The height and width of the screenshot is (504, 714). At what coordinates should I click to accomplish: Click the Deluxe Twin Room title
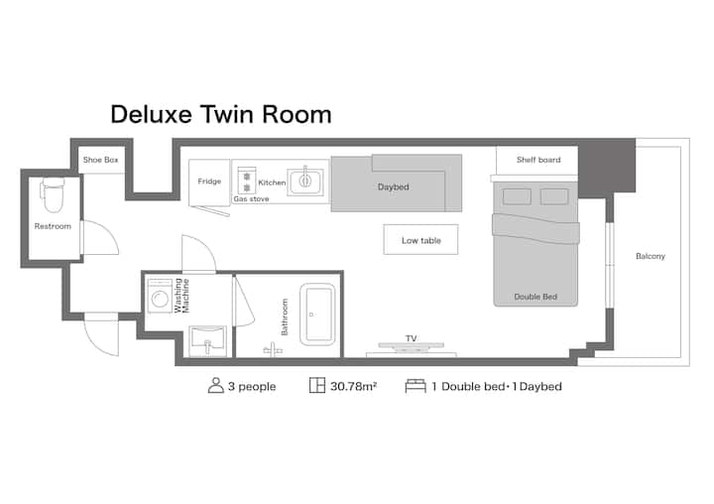click(x=221, y=114)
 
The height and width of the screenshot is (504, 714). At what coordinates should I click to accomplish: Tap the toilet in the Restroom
click(x=53, y=195)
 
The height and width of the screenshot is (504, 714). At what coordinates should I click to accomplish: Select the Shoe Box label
click(x=100, y=160)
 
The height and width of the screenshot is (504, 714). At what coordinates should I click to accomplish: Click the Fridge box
click(x=209, y=182)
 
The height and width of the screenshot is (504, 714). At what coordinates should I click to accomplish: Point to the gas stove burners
click(x=247, y=181)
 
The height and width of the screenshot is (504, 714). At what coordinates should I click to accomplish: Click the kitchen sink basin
click(x=305, y=182)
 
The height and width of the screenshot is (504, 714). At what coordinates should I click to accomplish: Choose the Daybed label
click(x=393, y=187)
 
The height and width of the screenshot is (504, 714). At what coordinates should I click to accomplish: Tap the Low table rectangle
click(x=420, y=239)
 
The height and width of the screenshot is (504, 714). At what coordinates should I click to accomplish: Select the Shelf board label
click(x=538, y=160)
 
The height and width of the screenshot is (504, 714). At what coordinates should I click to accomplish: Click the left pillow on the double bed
click(x=517, y=196)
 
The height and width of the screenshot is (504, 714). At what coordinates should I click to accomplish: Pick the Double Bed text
click(x=535, y=297)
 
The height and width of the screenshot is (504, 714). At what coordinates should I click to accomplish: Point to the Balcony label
click(x=651, y=256)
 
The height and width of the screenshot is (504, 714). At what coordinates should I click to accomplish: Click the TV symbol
click(x=412, y=347)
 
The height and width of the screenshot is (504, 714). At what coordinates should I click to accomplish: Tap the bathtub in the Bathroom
click(x=318, y=315)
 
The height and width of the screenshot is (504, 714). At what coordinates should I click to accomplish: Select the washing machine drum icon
click(x=160, y=299)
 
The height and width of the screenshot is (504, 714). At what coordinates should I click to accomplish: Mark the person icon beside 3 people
click(x=216, y=386)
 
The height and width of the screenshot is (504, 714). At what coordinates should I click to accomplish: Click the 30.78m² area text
click(x=353, y=386)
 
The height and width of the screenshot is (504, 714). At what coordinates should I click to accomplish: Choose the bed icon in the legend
click(x=416, y=386)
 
